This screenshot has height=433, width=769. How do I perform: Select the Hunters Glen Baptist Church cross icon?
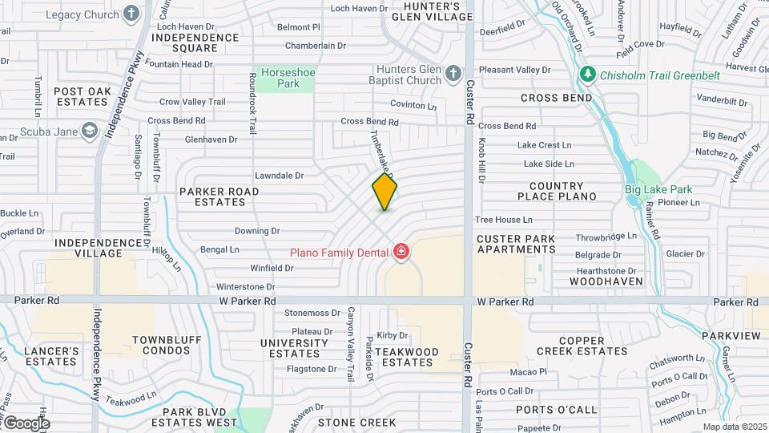[x=453, y=74]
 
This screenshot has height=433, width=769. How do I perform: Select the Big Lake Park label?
[x=658, y=190]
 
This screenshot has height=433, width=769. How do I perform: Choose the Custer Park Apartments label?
[x=516, y=244]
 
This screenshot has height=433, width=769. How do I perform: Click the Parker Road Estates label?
[x=219, y=196]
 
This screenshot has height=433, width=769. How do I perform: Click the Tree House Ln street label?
[x=503, y=219]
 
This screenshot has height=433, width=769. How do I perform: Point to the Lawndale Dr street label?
[x=279, y=175]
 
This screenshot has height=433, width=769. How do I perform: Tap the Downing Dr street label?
[x=257, y=231]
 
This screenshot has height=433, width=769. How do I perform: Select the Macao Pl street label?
[x=529, y=372]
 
